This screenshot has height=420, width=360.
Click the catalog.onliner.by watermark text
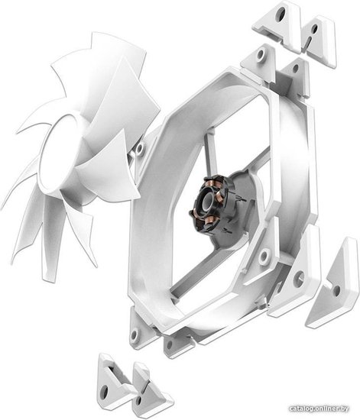point(319,409)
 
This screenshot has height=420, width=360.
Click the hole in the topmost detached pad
point(282,11)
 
